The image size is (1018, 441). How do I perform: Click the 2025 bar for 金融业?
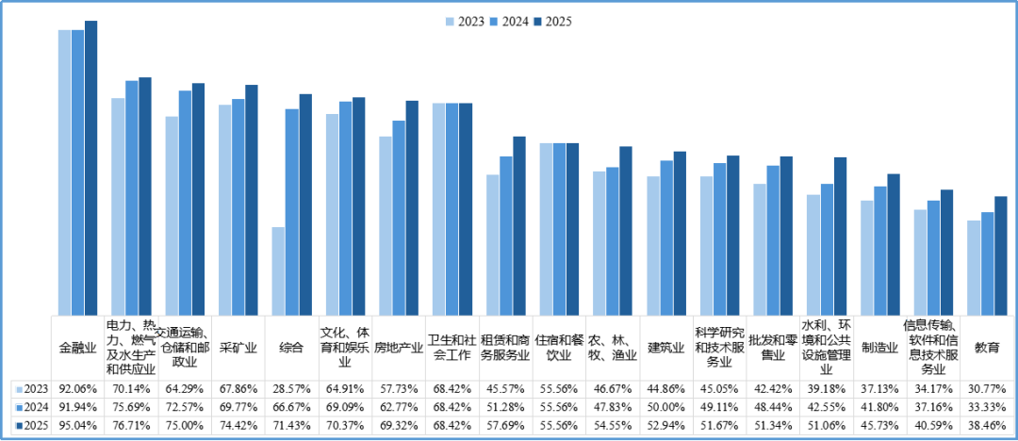90,169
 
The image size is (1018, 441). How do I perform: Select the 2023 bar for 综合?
278,271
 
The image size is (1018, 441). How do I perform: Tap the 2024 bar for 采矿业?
238,207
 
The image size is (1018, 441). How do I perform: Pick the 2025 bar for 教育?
1000,256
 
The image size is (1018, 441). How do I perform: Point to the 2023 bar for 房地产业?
385,226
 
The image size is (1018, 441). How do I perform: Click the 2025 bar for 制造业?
894,245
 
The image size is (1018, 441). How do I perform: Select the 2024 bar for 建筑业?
666,238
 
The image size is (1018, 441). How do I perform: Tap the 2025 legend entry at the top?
552,22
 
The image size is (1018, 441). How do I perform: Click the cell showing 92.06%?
78,389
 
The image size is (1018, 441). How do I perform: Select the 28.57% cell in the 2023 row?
291,389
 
